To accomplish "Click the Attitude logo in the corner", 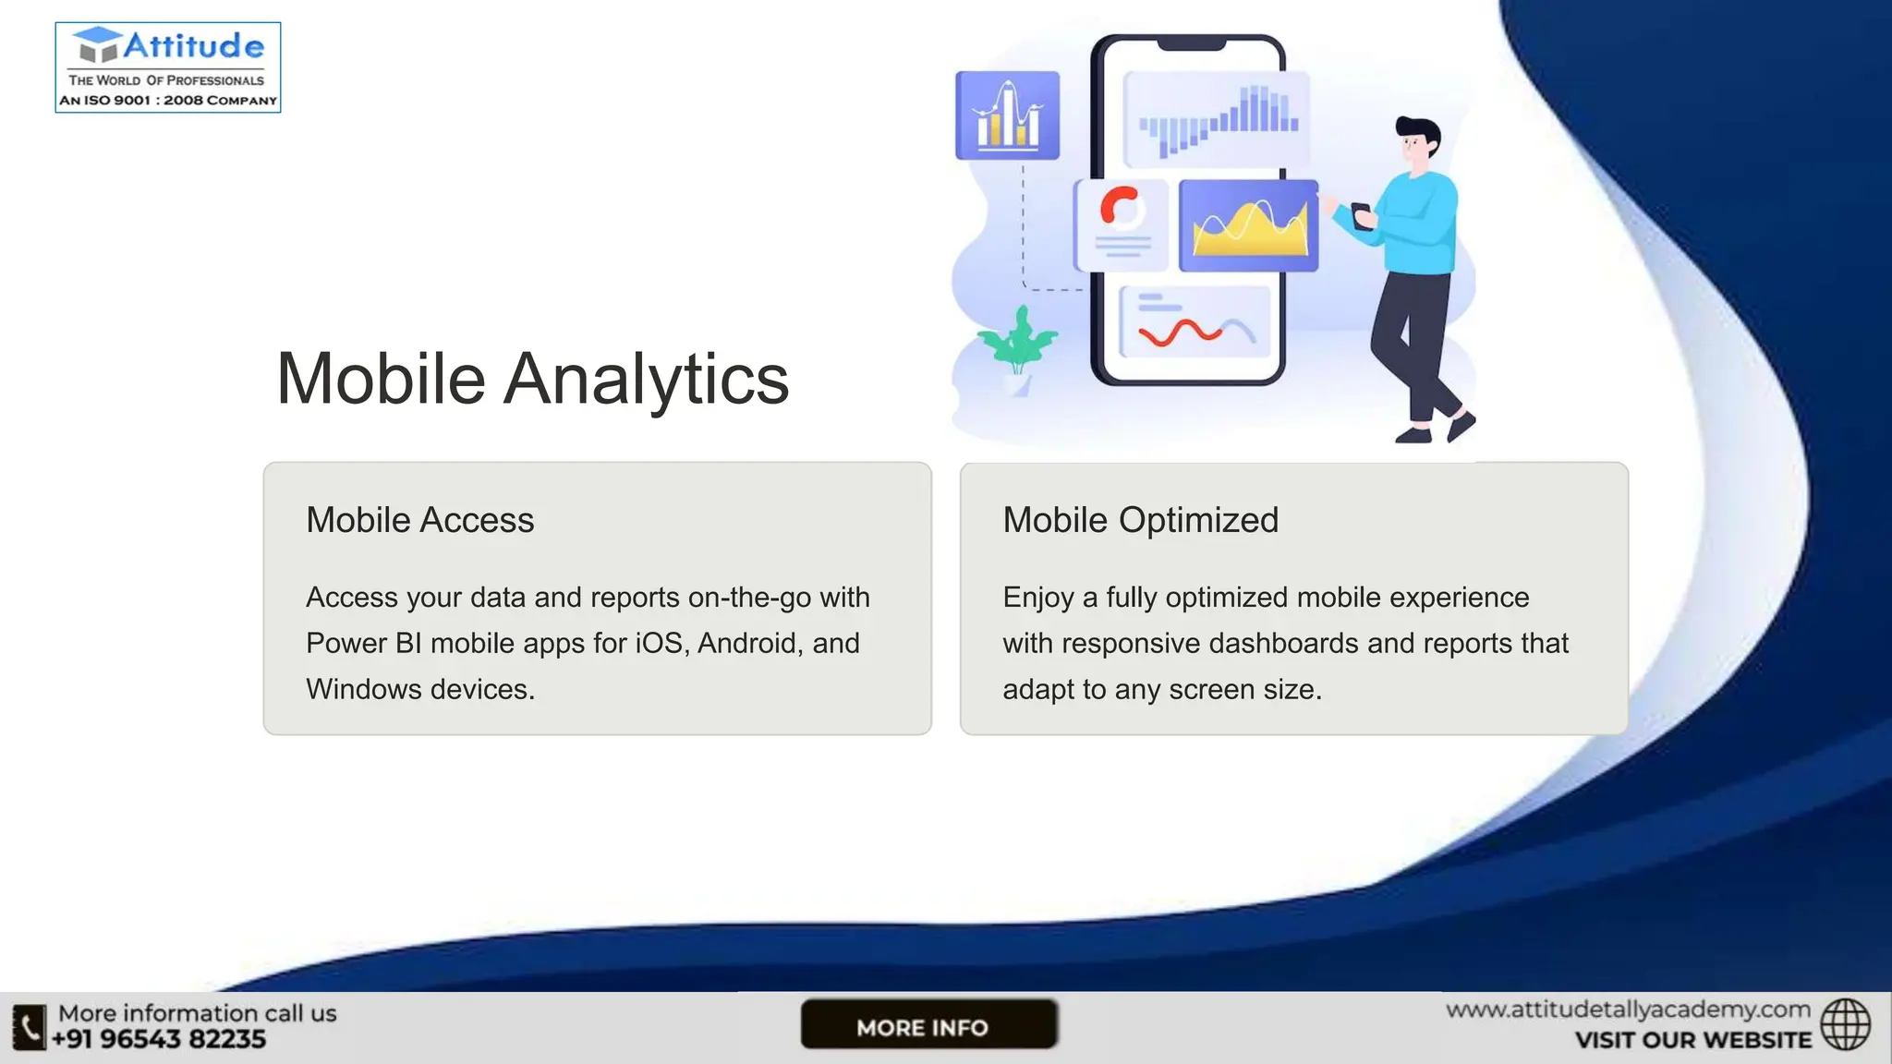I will coord(167,66).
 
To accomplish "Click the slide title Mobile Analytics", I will coord(532,379).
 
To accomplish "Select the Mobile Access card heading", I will coord(419,520).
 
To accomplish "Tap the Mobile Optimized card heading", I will coord(1140,520).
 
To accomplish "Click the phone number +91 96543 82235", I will coord(159,1040).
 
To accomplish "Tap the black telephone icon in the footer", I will coord(29,1027).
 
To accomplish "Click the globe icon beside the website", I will coord(1845,1024).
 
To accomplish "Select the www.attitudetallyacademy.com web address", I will coord(1628,1010).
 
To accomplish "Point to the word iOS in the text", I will coord(659,643).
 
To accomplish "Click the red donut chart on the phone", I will coord(1121,207).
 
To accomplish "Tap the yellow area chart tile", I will coord(1249,226).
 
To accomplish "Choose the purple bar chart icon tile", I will coord(1007,115).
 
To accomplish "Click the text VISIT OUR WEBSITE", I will coord(1692,1041).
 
